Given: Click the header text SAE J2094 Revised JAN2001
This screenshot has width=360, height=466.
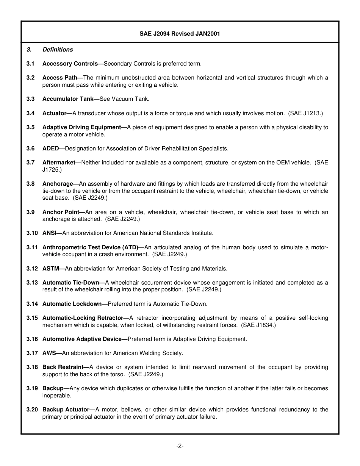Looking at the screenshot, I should coord(180,34).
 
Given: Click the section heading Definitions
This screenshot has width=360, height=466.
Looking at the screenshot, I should coord(58,50).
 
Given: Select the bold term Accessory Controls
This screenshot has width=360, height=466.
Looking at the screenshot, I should coord(71,64).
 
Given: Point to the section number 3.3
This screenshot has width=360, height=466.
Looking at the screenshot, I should coord(30,99).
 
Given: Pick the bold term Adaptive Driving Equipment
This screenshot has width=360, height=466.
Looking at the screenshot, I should coord(82,127).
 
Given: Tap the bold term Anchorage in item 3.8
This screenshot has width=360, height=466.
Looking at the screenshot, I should coord(58,184).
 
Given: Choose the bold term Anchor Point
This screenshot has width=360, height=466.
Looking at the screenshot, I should coord(61,212).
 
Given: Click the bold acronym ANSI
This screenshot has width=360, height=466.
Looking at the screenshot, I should coord(50,233).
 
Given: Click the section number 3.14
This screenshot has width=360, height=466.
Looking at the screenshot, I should coord(32,304).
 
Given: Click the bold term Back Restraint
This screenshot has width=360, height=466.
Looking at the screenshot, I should coord(63,367).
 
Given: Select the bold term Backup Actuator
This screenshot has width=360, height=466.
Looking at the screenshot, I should coord(66,410).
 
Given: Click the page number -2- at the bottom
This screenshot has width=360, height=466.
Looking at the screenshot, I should coord(180,446).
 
